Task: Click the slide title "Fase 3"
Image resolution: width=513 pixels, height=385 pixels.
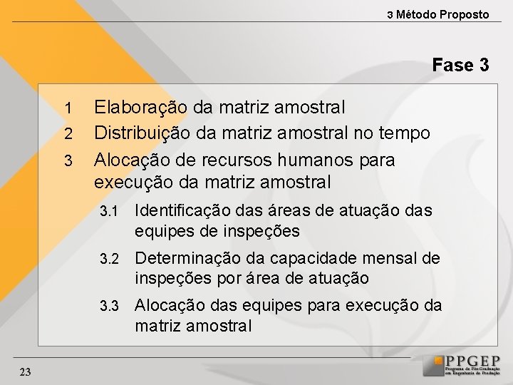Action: tap(460, 66)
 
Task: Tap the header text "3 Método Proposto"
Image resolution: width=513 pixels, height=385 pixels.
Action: tap(438, 14)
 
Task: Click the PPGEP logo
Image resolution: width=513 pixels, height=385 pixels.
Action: tap(461, 365)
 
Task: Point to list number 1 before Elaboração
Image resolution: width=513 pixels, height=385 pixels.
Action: tap(68, 108)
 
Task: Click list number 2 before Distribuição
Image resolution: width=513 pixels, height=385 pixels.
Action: tap(68, 134)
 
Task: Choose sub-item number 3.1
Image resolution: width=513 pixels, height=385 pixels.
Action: tap(108, 212)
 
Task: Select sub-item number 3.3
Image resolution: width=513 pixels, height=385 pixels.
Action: tap(108, 307)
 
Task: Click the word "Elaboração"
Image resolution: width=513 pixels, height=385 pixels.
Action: tap(141, 108)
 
